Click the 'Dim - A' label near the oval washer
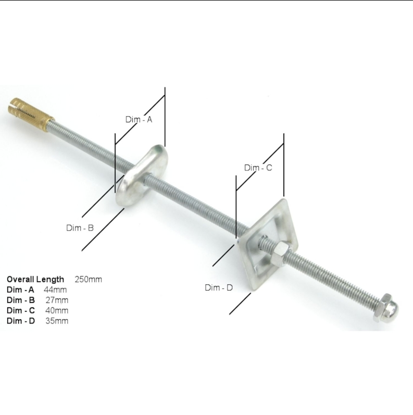coord(139,119)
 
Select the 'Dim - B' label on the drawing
coord(80,228)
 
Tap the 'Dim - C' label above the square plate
coord(258,168)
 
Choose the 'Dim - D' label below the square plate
coord(218,287)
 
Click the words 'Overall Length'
coord(35,279)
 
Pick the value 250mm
coord(88,279)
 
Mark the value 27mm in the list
coord(57,300)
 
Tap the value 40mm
coord(57,310)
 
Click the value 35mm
coord(57,321)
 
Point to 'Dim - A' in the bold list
coord(20,290)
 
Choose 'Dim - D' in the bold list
coord(21,321)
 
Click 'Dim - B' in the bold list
coord(21,300)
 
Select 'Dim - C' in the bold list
coord(21,310)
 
